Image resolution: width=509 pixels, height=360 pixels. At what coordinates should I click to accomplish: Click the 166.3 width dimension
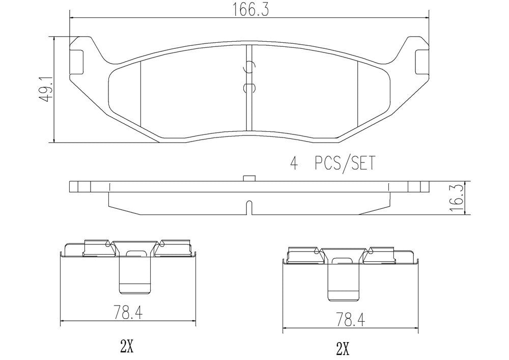click(x=248, y=10)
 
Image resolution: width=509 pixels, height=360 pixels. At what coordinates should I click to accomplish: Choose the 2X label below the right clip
click(x=343, y=349)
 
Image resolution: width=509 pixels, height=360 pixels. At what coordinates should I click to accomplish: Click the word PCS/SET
click(x=345, y=163)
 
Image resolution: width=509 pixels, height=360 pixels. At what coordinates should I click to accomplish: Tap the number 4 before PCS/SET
click(x=293, y=163)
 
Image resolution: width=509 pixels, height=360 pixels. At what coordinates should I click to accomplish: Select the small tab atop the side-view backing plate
click(x=248, y=178)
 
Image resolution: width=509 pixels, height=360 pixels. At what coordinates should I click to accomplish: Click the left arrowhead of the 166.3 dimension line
click(x=71, y=17)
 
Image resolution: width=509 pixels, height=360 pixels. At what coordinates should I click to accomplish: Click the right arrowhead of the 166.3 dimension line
click(x=427, y=17)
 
